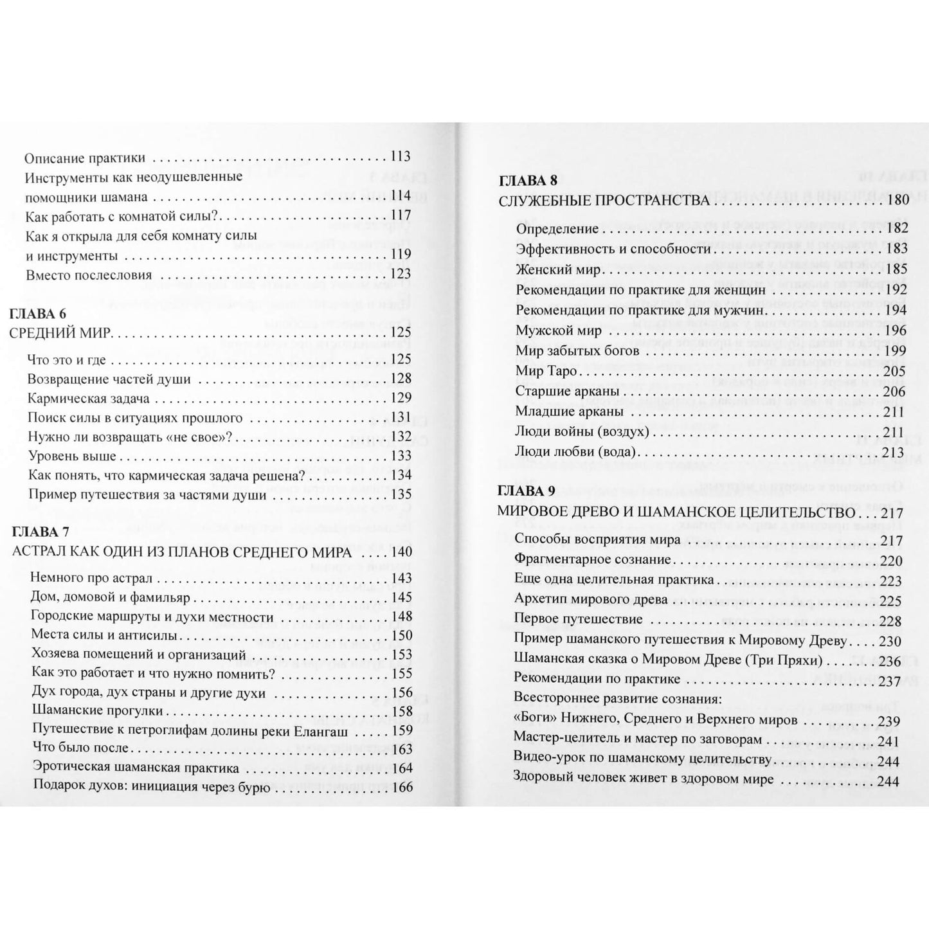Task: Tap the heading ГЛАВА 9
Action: point(527,491)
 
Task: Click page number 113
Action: point(400,157)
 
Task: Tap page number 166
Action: point(402,788)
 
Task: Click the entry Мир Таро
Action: point(546,372)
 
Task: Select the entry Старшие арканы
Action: point(566,391)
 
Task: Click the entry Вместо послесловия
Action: point(89,275)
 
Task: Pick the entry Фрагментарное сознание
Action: point(592,559)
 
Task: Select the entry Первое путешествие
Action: point(579,619)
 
